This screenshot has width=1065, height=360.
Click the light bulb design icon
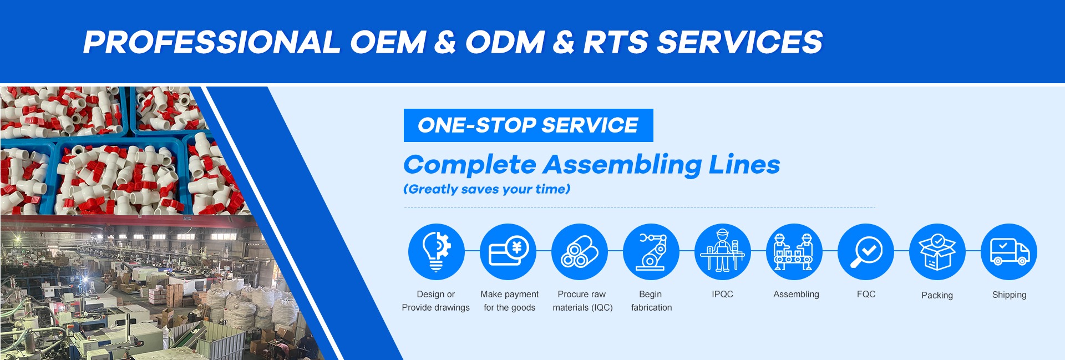point(436,251)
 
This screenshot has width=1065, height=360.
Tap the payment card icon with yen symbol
point(508,251)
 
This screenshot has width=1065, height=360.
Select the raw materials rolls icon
point(580,251)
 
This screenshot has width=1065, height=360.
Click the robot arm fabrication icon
point(651,251)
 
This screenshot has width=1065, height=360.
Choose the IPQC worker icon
point(723,251)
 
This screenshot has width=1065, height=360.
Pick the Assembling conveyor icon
point(794,251)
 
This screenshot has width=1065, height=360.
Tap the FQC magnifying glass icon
point(866,251)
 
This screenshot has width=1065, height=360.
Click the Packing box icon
point(937,251)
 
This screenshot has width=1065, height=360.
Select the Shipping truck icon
point(1009,251)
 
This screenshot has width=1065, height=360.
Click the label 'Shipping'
point(1009,295)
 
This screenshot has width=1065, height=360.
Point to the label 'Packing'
point(937,296)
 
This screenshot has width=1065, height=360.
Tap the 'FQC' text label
point(866,294)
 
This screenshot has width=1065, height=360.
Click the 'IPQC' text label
point(722,294)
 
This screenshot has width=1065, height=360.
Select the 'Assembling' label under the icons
point(796,295)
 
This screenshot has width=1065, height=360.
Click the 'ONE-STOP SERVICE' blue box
point(528,125)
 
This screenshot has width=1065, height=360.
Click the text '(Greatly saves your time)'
point(486,189)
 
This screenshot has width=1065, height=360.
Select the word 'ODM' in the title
point(505,42)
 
